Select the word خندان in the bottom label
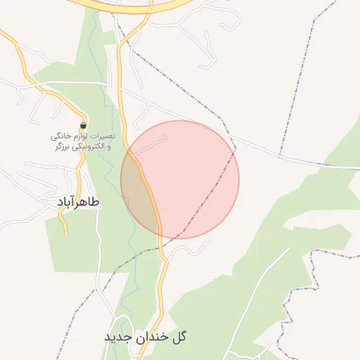pyautogui.click(x=153, y=337)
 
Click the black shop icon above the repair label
pyautogui.click(x=83, y=125)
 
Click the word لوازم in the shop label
pyautogui.click(x=77, y=136)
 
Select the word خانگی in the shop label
pyautogui.click(x=58, y=136)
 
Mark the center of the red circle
pyautogui.click(x=180, y=179)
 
